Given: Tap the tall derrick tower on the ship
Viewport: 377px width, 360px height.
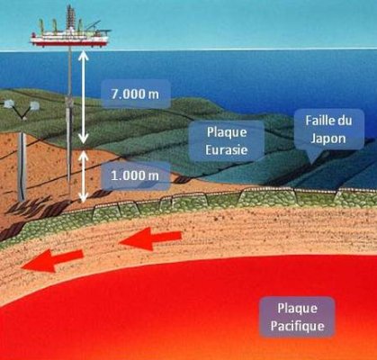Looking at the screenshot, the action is (x=70, y=16).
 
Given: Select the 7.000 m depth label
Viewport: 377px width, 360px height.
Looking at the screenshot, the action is (x=135, y=94).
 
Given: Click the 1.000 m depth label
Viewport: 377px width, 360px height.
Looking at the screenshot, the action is (x=135, y=175).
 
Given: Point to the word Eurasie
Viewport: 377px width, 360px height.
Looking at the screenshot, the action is (x=227, y=149).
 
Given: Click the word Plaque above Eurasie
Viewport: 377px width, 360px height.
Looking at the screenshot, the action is (x=227, y=132).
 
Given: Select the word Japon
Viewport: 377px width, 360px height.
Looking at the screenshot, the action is (x=328, y=139).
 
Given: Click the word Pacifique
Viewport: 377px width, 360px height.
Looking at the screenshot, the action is (x=297, y=326).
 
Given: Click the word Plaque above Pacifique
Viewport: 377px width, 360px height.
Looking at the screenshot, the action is (x=298, y=309).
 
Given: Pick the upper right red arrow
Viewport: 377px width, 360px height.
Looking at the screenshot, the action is (x=150, y=238).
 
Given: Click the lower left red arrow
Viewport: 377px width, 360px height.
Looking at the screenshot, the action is (x=52, y=261).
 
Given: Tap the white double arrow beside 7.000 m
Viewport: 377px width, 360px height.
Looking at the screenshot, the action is (x=84, y=97).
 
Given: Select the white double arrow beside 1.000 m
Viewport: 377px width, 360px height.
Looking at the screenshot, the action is (x=84, y=176).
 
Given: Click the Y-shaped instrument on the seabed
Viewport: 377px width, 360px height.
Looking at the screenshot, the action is (x=22, y=109).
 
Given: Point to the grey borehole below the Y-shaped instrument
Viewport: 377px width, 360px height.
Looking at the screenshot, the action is (x=22, y=166).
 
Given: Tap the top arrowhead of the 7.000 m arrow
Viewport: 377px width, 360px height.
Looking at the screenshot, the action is (x=84, y=55).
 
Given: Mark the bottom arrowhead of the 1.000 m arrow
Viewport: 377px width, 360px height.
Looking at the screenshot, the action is (x=84, y=198).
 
